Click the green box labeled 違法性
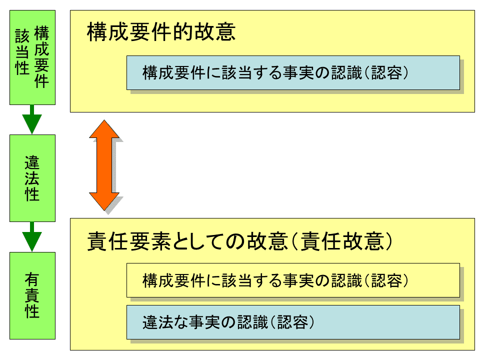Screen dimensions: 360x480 (x=32, y=178)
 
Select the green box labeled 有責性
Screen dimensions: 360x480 (x=32, y=296)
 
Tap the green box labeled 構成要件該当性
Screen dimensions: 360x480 (x=32, y=57)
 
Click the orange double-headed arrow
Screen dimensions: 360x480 (x=104, y=165)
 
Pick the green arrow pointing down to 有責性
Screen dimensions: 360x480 (x=32, y=236)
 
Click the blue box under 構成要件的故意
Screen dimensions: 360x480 (x=293, y=72)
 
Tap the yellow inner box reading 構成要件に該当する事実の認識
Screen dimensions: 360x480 (x=293, y=280)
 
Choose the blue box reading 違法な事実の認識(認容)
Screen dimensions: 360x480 (x=293, y=322)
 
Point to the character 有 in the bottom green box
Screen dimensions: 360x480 (x=32, y=280)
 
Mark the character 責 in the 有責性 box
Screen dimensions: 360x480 (x=32, y=296)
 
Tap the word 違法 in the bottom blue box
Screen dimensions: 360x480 (x=157, y=322)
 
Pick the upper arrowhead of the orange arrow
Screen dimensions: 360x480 (x=104, y=129)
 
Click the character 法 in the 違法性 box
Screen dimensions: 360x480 (x=32, y=178)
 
